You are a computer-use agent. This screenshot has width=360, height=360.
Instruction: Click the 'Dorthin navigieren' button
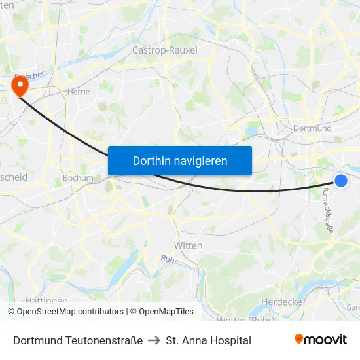[x=180, y=160]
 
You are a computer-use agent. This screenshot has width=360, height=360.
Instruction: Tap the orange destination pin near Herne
[x=20, y=86]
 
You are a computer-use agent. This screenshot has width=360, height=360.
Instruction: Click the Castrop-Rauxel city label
[x=165, y=50]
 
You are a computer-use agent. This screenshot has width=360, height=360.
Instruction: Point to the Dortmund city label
[x=313, y=128]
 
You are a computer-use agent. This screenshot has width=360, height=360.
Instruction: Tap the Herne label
[x=79, y=92]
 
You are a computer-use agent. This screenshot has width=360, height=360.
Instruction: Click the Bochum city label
[x=78, y=178]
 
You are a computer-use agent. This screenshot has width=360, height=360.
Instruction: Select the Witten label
[x=188, y=245]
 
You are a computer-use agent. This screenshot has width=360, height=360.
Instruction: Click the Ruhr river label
[x=168, y=261]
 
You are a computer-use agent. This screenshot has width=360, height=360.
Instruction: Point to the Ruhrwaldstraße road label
[x=327, y=211]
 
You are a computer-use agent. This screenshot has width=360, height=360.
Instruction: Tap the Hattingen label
[x=47, y=301]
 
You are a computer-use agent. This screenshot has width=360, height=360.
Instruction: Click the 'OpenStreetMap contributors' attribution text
[x=70, y=312]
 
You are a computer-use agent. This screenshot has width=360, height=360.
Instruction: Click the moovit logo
[x=321, y=340]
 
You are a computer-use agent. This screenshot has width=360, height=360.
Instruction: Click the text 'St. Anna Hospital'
[x=209, y=340]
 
